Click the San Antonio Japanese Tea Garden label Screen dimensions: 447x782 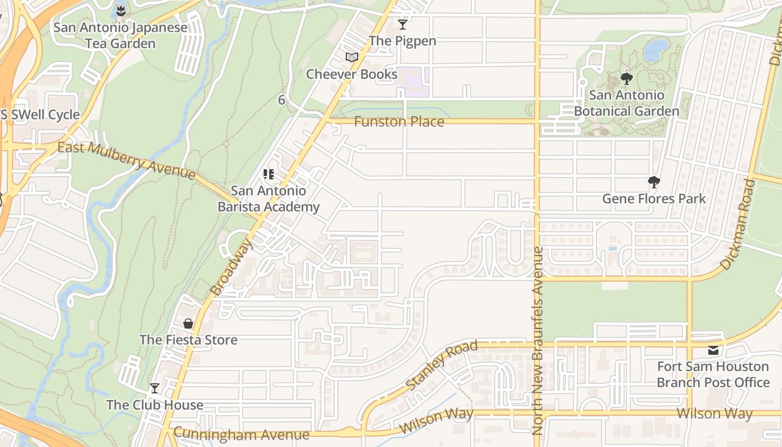point(120,35)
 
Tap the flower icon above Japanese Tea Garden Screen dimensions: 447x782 point(121,10)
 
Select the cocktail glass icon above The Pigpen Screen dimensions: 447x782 point(402,24)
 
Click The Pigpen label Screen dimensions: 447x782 point(402,41)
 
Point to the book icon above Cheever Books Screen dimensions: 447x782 point(351,57)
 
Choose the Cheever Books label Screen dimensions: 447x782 point(351,74)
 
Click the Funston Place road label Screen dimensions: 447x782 point(399,121)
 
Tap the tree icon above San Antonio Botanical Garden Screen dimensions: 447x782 point(626,79)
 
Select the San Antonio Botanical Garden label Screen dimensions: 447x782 point(626,103)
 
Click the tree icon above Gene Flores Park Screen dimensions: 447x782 point(654,182)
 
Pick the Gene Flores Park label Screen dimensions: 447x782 point(654,198)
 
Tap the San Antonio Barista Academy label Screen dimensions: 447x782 point(268,198)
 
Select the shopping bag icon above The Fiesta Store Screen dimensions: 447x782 point(188,324)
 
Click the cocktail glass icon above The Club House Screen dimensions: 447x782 point(155,388)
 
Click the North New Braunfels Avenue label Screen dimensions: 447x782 point(537,341)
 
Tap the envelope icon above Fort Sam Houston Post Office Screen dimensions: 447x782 point(713,350)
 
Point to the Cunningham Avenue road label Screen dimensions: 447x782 point(241,434)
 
